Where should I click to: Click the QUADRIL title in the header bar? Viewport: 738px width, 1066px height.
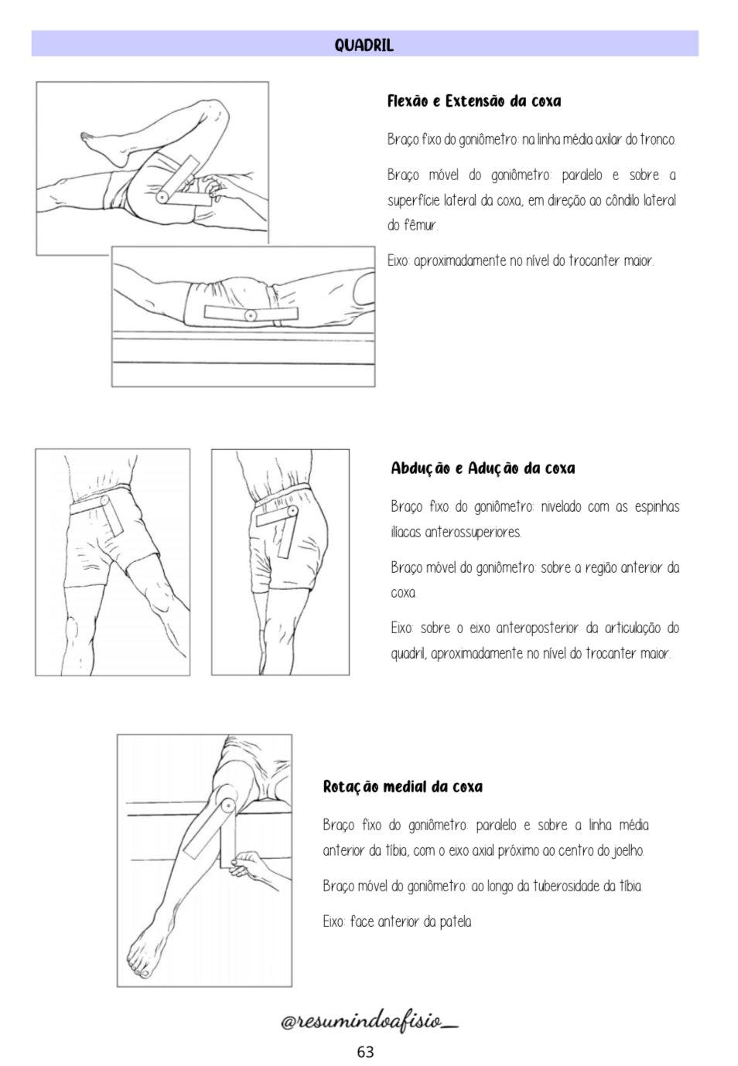[x=364, y=45]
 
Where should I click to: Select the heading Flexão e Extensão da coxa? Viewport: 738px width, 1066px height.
[x=473, y=101]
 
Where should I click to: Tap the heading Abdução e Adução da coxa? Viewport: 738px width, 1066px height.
[x=483, y=468]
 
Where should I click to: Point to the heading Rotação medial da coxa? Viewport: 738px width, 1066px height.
[x=402, y=787]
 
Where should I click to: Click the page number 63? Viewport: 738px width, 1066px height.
[x=365, y=1051]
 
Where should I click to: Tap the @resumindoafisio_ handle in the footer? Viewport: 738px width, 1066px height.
[x=369, y=1022]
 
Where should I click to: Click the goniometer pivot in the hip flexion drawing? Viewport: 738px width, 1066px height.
[x=162, y=197]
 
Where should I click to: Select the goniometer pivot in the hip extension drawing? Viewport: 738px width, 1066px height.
[x=250, y=315]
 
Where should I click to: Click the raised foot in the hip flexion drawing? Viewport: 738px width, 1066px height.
[x=101, y=146]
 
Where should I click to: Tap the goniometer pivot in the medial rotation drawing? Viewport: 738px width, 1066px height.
[x=227, y=805]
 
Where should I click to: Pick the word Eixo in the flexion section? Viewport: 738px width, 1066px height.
[x=398, y=261]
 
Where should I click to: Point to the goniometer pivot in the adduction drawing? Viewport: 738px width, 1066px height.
[x=292, y=511]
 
